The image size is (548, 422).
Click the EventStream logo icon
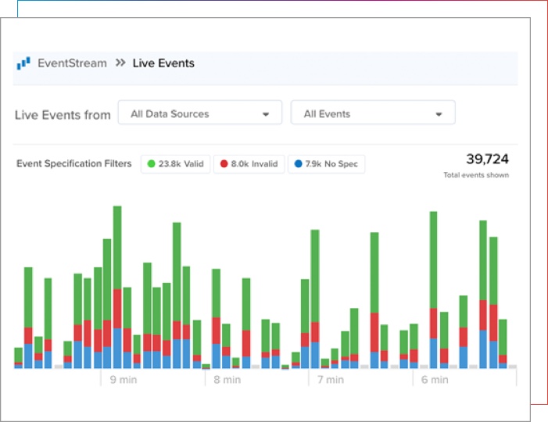23,63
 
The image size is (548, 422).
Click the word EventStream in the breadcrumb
72,63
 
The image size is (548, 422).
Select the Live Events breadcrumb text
163,63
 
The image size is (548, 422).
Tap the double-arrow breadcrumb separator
120,63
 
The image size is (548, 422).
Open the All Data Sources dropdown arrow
267,114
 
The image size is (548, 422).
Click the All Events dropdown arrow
439,114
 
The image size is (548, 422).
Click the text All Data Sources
170,114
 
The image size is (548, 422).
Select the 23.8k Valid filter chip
176,165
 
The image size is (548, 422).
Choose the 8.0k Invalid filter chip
249,165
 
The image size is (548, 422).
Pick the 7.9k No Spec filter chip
326,165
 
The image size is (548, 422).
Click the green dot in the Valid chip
151,165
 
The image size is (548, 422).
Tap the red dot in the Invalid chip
224,165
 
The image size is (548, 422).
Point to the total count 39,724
487,159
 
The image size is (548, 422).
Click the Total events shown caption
475,175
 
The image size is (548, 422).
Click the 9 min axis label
123,380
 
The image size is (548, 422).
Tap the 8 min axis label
227,380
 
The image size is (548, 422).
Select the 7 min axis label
330,380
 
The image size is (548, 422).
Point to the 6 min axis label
435,380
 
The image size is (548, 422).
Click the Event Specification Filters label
74,165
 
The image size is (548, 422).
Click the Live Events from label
63,115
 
